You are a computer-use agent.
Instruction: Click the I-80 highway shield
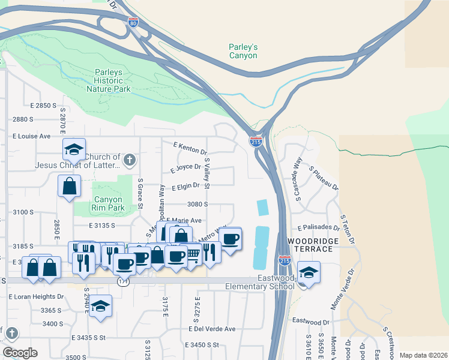coord(133,23)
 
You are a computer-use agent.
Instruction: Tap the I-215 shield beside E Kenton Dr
coord(256,142)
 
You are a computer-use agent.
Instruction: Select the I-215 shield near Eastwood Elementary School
coord(285,262)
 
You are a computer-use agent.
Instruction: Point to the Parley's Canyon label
coord(243,51)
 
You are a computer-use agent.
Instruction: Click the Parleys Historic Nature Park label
coord(109,80)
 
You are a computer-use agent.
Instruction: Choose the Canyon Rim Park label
coord(109,204)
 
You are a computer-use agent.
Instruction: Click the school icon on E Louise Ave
coord(74,149)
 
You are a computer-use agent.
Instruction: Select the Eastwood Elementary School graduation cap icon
coord(309,273)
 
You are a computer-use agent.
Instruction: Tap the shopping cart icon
coord(192,254)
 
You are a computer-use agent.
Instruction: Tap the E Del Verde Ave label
coord(212,329)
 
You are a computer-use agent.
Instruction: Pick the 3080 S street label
coord(197,204)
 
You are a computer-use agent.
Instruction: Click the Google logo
coord(20,353)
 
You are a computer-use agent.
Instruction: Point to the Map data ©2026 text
coord(423,355)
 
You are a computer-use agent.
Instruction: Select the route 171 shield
coord(122,282)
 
